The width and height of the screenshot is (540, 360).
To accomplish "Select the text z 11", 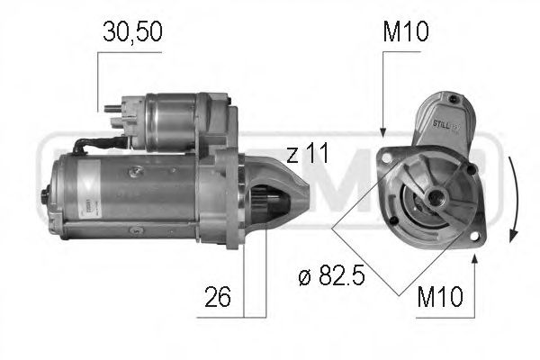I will [308, 154].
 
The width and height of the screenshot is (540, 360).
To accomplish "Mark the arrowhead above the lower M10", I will [474, 258].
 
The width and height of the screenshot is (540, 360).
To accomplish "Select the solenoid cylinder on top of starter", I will [180, 121].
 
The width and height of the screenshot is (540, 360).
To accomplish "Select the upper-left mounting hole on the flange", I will [388, 158].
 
